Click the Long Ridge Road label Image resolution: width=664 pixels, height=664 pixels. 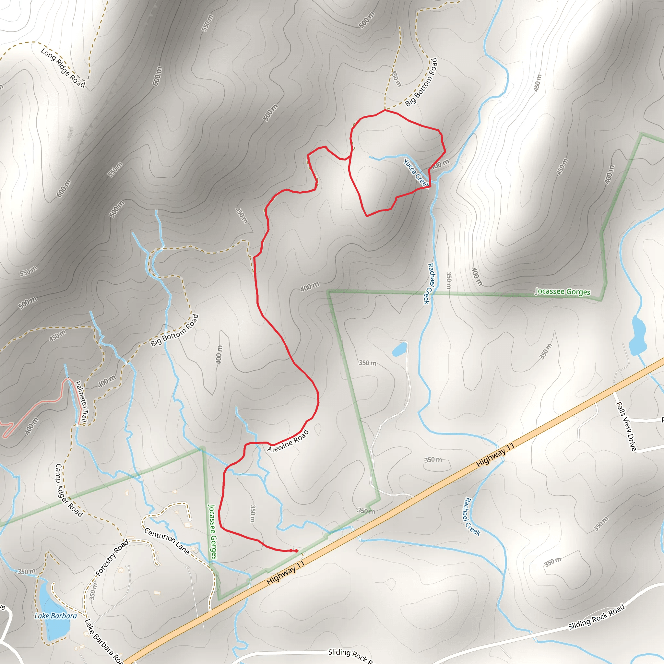(x=63, y=68)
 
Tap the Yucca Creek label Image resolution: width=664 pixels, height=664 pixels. (x=416, y=173)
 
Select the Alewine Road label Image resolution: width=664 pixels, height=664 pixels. (x=288, y=442)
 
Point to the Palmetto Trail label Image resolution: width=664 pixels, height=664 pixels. (x=81, y=401)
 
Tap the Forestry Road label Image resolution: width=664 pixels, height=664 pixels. (x=112, y=557)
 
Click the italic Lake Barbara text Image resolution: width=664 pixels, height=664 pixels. (x=55, y=616)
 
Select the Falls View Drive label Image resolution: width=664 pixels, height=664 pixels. (x=626, y=426)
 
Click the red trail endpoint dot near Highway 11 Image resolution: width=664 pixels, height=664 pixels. (x=297, y=551)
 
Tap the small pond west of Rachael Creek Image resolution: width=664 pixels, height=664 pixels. (x=399, y=350)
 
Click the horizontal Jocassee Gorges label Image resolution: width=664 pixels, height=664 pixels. (x=563, y=292)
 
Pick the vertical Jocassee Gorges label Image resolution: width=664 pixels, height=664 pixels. (x=213, y=531)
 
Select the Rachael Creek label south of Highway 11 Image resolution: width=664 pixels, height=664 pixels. (x=472, y=516)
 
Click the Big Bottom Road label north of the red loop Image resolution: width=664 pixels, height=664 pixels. (x=421, y=82)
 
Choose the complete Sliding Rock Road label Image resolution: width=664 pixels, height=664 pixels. (x=596, y=617)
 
